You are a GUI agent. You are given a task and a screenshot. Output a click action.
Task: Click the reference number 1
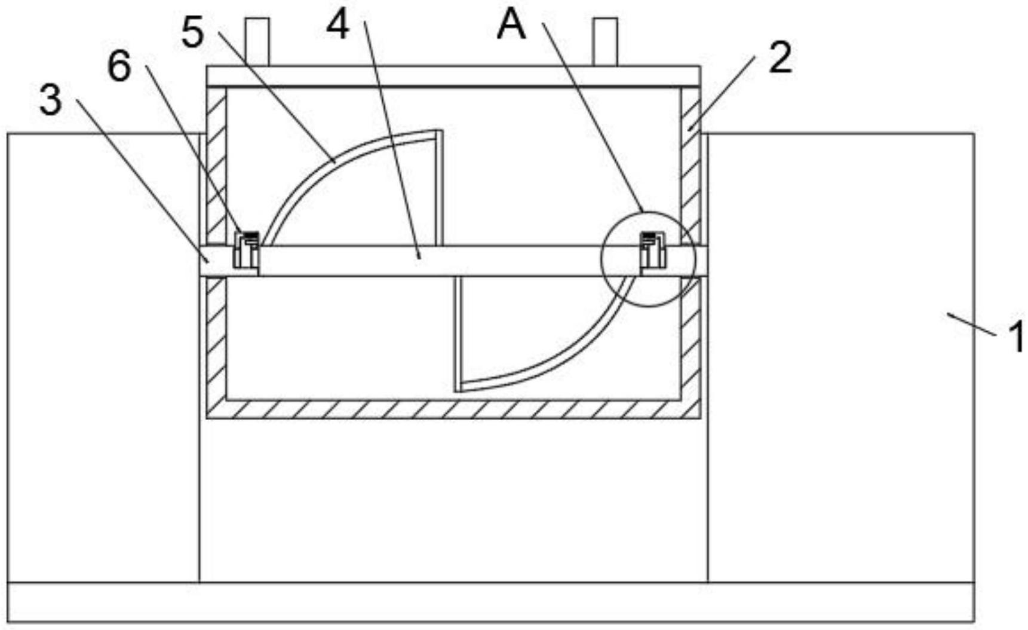click(x=1016, y=337)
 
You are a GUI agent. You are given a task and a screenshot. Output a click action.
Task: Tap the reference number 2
click(x=780, y=57)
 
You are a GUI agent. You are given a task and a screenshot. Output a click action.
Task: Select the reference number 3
click(x=51, y=99)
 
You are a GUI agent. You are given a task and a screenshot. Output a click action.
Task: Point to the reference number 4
click(x=338, y=26)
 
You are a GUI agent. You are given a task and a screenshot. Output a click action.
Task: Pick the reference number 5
click(x=193, y=32)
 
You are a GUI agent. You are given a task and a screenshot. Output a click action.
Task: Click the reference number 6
click(x=119, y=66)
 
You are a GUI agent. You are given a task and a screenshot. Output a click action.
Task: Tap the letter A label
click(x=511, y=25)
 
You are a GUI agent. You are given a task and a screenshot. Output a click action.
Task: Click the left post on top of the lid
click(x=257, y=41)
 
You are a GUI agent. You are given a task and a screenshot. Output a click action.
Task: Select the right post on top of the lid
click(x=605, y=41)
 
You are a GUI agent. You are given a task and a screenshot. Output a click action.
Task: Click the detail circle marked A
click(x=648, y=212)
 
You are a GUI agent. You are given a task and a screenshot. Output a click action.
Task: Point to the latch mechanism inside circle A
click(x=653, y=250)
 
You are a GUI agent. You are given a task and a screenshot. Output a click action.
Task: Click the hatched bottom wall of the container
click(x=453, y=409)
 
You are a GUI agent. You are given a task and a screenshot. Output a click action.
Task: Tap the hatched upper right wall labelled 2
click(x=691, y=167)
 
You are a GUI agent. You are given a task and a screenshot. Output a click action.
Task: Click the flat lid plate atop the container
click(x=453, y=76)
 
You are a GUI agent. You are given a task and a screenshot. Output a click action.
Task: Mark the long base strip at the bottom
click(x=491, y=602)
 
